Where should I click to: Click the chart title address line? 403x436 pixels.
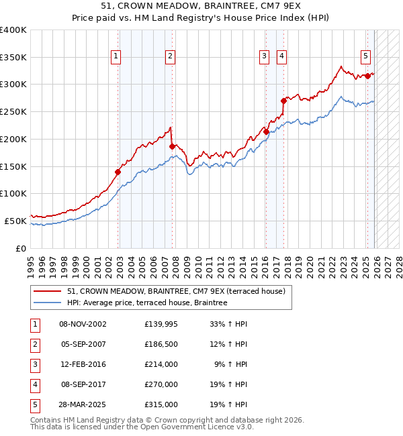pyautogui.click(x=201, y=7)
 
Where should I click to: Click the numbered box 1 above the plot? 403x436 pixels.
pyautogui.click(x=117, y=56)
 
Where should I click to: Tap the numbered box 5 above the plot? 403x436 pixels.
pyautogui.click(x=366, y=56)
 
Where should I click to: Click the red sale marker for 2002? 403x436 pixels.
pyautogui.click(x=118, y=172)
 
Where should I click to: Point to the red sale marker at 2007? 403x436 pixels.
pyautogui.click(x=172, y=146)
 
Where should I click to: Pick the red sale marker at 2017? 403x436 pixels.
pyautogui.click(x=283, y=101)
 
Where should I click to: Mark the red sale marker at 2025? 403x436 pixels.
pyautogui.click(x=367, y=76)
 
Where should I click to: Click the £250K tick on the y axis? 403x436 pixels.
pyautogui.click(x=13, y=111)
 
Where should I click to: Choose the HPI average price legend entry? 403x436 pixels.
pyautogui.click(x=147, y=303)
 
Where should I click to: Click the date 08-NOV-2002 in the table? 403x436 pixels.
pyautogui.click(x=83, y=324)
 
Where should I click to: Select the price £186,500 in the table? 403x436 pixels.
pyautogui.click(x=161, y=344)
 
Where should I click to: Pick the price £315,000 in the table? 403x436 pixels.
pyautogui.click(x=161, y=404)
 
